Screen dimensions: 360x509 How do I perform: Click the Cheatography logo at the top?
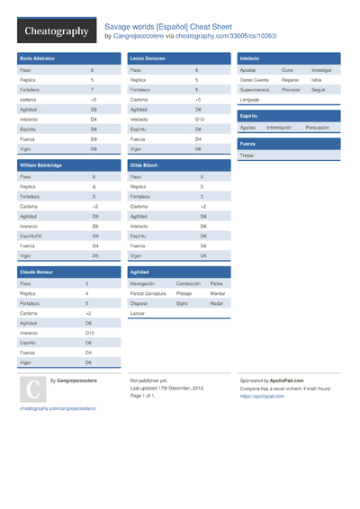56,31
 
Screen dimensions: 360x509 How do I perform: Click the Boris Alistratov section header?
38,58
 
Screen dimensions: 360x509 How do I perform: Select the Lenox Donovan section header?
148,58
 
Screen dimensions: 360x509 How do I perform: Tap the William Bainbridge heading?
41,165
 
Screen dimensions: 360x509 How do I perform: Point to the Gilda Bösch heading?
144,165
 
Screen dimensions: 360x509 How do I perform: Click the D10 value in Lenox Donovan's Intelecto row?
199,119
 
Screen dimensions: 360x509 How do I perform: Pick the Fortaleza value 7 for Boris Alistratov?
92,90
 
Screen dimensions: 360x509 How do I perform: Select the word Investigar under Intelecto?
321,69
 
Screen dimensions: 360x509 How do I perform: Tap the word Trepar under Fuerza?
247,156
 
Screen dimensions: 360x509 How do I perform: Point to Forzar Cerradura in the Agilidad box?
148,293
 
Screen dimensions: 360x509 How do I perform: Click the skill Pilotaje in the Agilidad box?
184,293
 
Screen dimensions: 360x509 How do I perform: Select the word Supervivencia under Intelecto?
256,89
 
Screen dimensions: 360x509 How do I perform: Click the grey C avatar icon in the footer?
32,388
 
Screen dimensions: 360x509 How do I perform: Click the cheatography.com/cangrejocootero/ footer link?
58,407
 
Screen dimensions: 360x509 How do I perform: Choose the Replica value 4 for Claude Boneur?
87,293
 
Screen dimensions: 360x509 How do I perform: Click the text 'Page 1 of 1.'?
144,395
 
